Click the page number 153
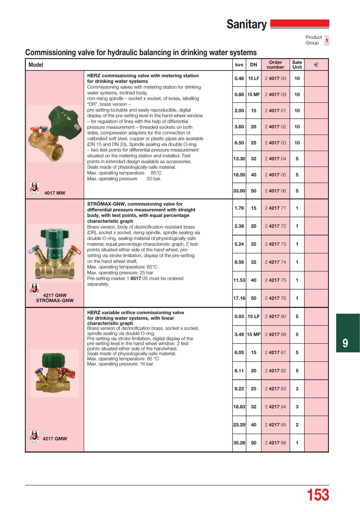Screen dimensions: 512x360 click(x=318, y=495)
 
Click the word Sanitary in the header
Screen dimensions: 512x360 click(x=247, y=25)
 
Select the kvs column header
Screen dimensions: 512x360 click(x=239, y=65)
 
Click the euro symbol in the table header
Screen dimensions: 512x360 click(x=316, y=65)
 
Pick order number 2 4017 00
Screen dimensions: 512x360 click(x=275, y=78)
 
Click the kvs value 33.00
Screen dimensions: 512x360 click(x=239, y=191)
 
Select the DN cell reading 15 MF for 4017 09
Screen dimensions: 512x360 click(x=253, y=94)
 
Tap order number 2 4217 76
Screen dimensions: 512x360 click(x=275, y=298)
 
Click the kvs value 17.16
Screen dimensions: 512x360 click(x=239, y=298)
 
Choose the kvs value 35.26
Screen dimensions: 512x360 click(x=239, y=443)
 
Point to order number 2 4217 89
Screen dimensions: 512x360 click(x=275, y=334)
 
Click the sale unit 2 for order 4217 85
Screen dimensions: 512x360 click(x=297, y=425)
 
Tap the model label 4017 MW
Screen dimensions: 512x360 click(x=55, y=193)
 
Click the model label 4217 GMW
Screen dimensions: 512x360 click(x=55, y=438)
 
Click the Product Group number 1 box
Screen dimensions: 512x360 click(x=327, y=40)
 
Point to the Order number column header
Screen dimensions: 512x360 click(x=275, y=65)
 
